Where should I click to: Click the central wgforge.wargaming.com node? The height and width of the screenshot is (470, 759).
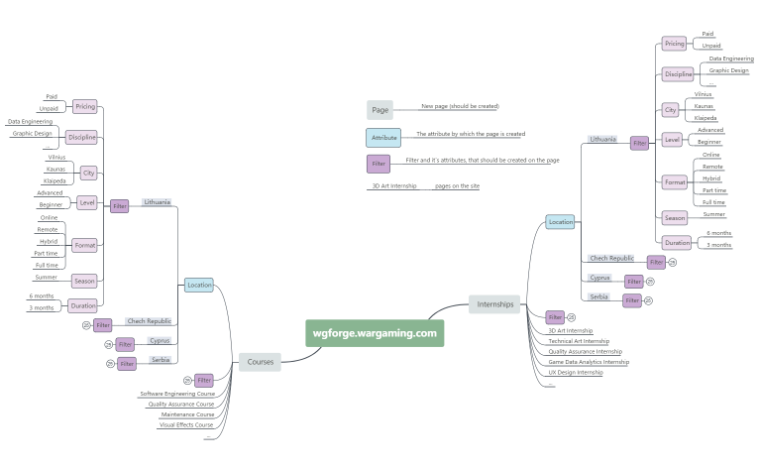[375, 333]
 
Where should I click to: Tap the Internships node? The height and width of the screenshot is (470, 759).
[494, 304]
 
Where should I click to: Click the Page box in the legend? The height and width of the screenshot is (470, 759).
[379, 110]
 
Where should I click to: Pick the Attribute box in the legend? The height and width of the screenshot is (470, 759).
[382, 138]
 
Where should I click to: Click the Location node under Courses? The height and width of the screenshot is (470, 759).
[199, 285]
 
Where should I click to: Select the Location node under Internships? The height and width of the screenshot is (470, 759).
[560, 222]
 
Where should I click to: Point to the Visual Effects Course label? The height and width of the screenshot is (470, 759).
[186, 424]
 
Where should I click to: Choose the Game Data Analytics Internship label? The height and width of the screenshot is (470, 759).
[589, 362]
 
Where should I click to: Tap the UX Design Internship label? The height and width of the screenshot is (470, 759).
[575, 373]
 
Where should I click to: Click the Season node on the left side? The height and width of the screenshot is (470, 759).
[85, 281]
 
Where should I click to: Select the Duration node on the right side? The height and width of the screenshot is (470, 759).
[678, 241]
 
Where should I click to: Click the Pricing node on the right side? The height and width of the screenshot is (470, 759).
[674, 44]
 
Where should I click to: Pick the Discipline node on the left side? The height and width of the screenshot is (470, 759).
[81, 137]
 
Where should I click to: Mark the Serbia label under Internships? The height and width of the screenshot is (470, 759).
[598, 296]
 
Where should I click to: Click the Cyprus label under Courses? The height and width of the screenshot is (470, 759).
[160, 340]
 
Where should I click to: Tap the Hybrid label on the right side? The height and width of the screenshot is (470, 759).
[711, 178]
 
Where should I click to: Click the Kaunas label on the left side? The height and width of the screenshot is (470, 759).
[55, 170]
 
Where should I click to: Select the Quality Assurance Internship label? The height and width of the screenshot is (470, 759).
[585, 351]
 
